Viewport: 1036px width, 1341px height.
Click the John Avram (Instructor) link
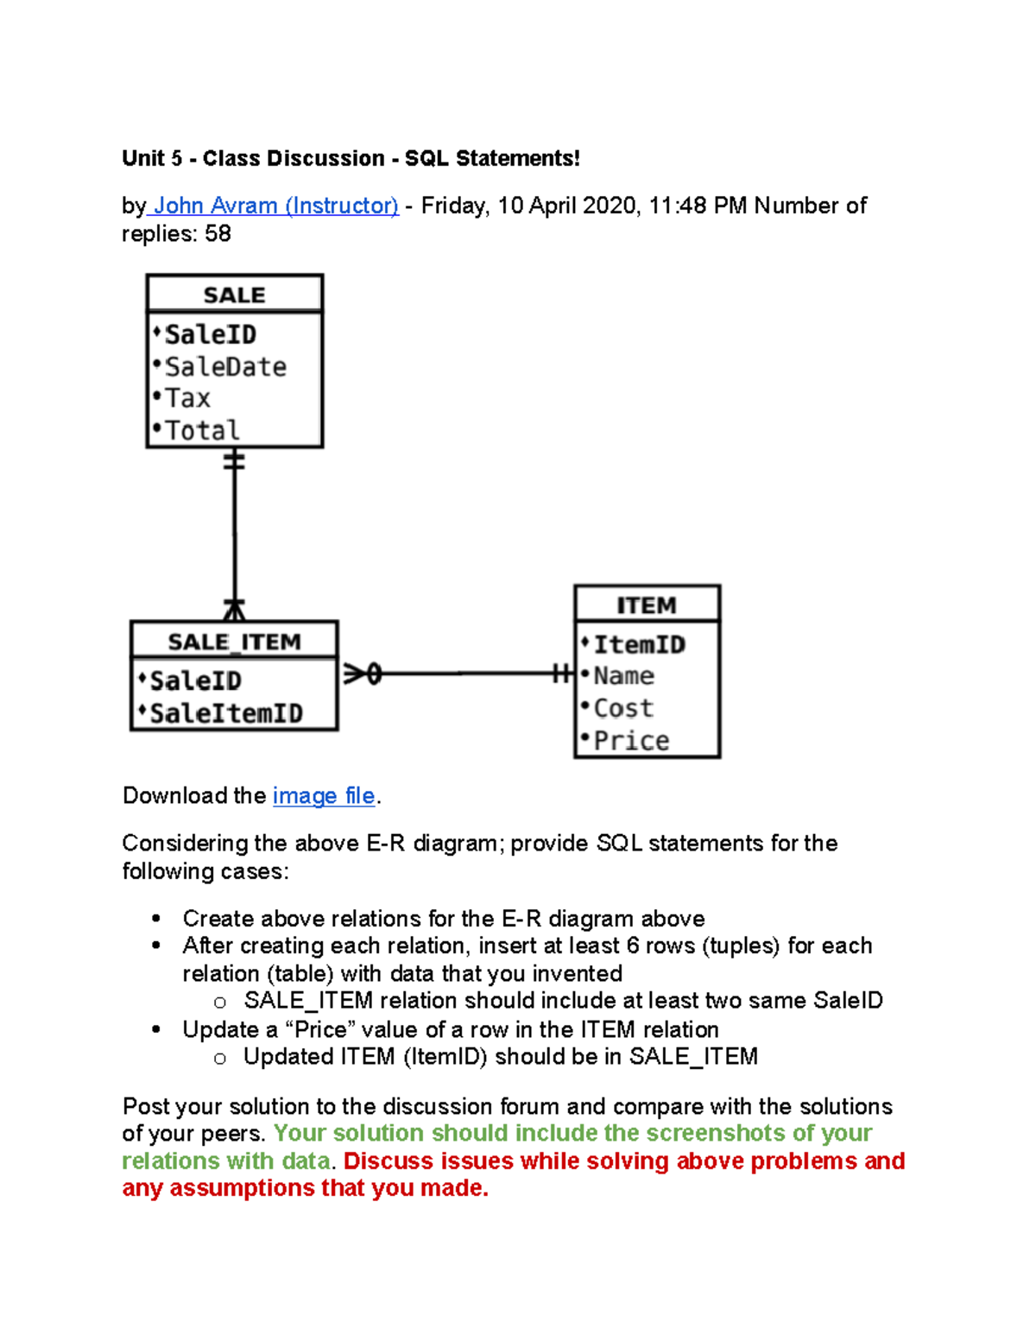pos(275,206)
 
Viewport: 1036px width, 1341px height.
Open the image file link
pos(324,795)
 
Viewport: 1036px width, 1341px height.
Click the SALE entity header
pos(234,295)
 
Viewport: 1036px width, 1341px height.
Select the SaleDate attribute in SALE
pos(225,367)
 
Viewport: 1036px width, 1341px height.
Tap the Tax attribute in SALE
pos(187,398)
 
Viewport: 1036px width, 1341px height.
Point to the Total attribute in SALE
pos(202,430)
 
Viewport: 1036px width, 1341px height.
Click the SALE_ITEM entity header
pos(234,642)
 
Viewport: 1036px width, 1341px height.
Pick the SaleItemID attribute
pos(226,713)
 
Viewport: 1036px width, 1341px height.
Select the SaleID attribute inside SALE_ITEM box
pos(195,681)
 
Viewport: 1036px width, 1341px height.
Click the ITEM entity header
pos(647,605)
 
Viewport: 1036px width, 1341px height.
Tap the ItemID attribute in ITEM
pos(639,645)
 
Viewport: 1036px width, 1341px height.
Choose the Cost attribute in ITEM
pos(623,708)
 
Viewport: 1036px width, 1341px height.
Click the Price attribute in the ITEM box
pos(631,741)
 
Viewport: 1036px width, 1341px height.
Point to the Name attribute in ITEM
pos(623,676)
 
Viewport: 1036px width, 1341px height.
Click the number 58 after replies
pos(218,234)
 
